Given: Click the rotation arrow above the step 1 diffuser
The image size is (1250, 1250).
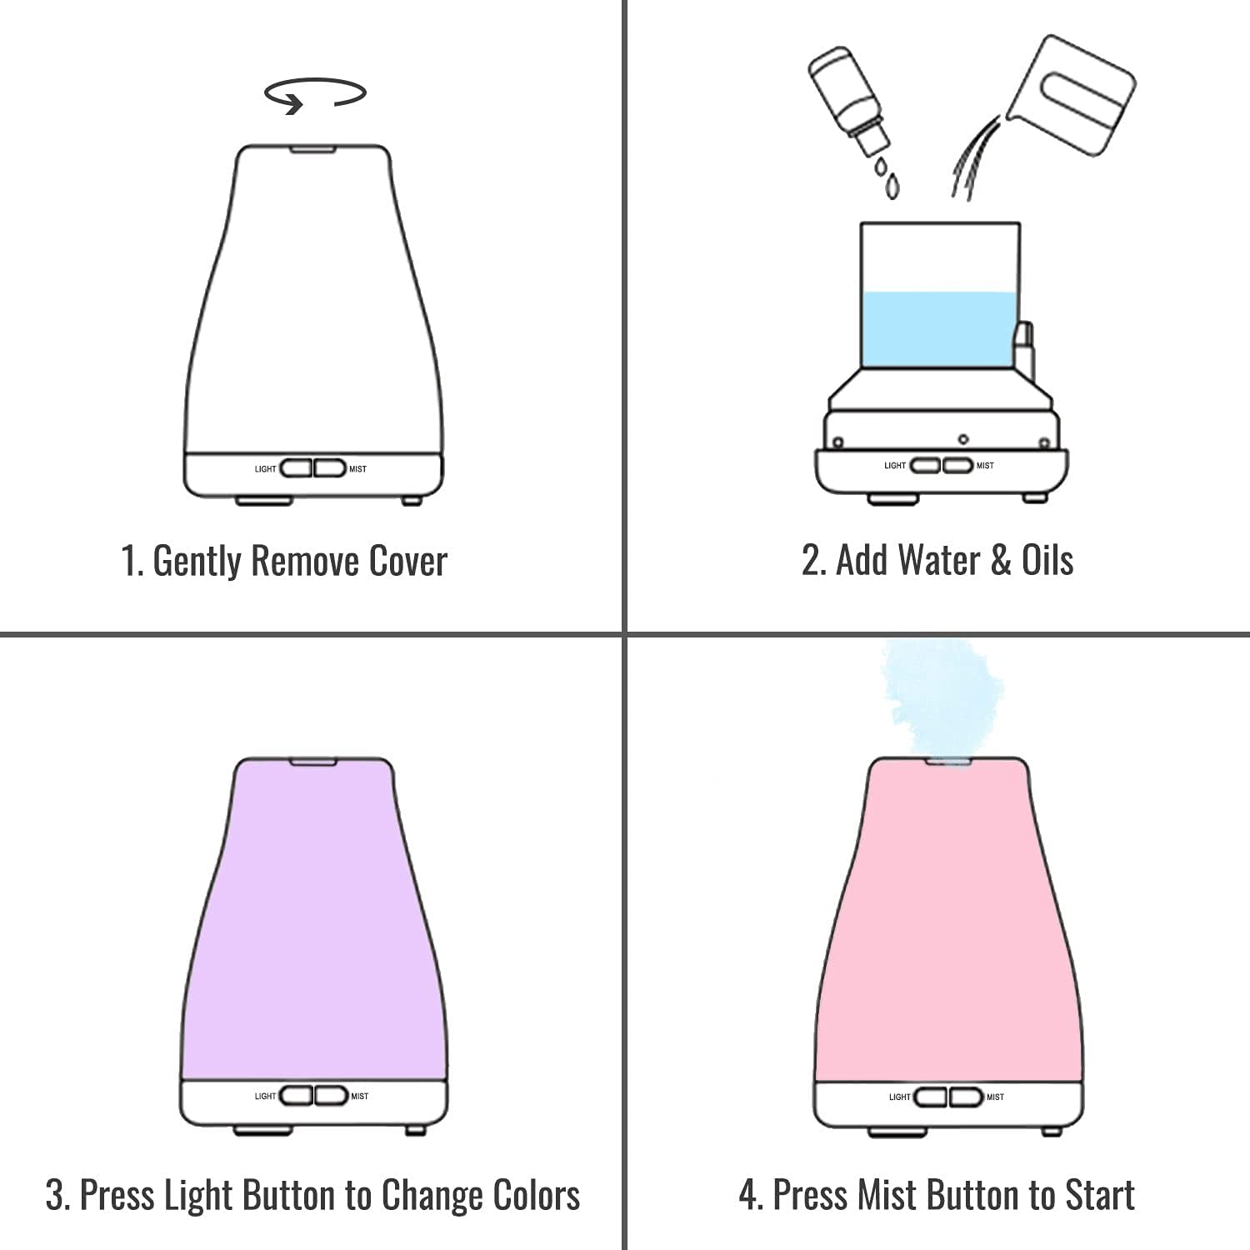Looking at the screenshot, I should coord(315,94).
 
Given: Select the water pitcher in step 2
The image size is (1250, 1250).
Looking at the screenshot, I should coord(1075,96).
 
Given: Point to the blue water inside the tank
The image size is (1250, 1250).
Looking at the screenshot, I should coord(940,329).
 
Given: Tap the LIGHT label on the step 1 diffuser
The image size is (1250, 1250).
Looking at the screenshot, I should coord(265,469).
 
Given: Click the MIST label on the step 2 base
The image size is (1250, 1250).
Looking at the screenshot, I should coord(985,466).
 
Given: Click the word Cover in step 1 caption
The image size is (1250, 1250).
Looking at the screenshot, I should coord(407,561).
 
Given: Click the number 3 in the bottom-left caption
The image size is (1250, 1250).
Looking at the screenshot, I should coord(56,1195).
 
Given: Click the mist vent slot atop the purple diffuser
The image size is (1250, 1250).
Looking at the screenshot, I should coord(312,761).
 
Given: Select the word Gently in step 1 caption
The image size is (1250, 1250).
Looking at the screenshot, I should coord(197,561).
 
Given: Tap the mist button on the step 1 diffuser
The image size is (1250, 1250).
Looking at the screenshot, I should coord(330,468).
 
